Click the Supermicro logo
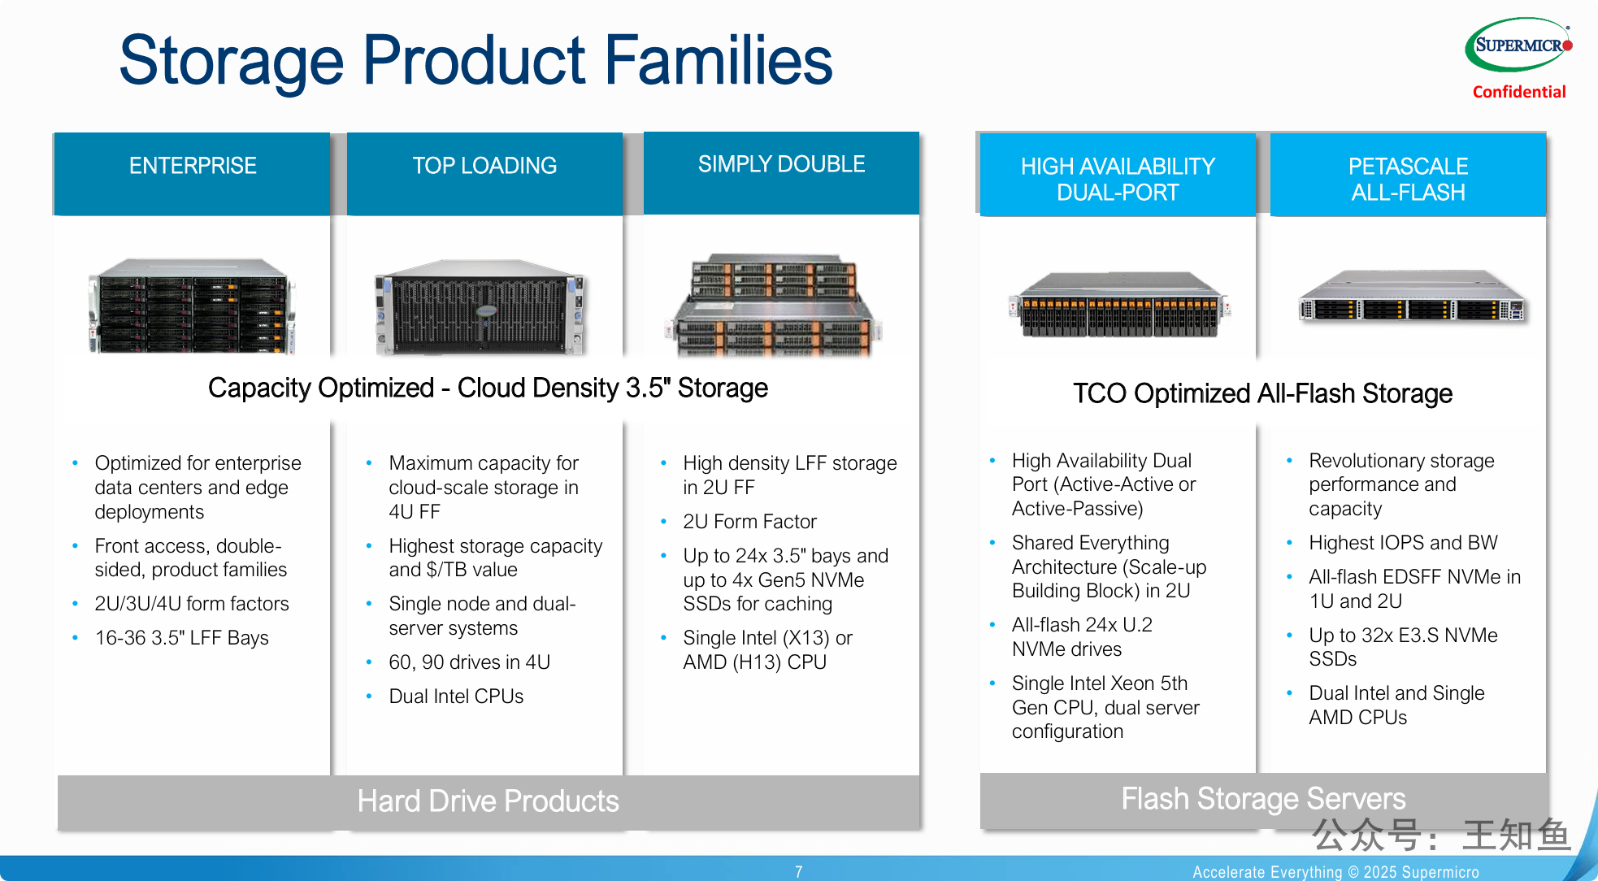coord(1518,46)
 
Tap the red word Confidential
coord(1518,92)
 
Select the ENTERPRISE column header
coord(193,166)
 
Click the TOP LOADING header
coord(484,166)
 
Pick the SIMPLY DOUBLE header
coord(781,164)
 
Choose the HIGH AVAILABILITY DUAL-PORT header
coord(1118,179)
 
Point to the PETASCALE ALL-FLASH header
coord(1408,179)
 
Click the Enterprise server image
coord(192,306)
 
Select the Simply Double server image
coord(775,306)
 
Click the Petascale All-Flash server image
coord(1412,297)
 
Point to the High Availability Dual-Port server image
coord(1119,305)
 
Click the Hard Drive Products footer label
coord(488,801)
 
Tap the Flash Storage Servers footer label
coord(1263,799)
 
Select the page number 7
coord(799,871)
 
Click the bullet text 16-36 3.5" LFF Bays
coord(181,638)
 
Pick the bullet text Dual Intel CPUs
coord(456,697)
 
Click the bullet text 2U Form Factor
coord(749,522)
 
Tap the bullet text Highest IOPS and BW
coord(1403,543)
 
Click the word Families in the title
coord(719,61)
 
